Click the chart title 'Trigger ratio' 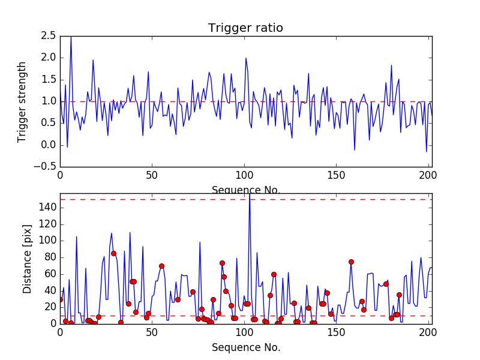(x=245, y=28)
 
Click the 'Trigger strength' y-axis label (x=22, y=101)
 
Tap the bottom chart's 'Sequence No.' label (x=245, y=347)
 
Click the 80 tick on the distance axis (x=50, y=257)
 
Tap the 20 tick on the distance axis (x=50, y=307)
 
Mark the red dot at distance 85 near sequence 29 (x=113, y=253)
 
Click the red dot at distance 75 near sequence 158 (x=351, y=262)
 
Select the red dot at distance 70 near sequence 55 (x=161, y=266)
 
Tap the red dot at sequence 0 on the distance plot (x=60, y=299)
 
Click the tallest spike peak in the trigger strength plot (x=71, y=37)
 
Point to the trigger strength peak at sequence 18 (x=93, y=60)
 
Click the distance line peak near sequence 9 (x=77, y=236)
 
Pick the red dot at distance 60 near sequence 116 (x=274, y=274)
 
